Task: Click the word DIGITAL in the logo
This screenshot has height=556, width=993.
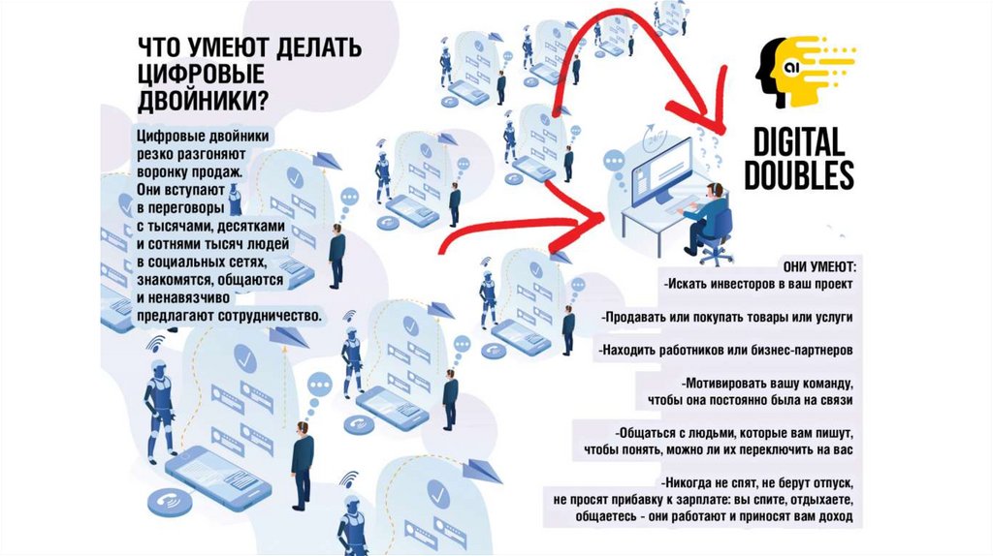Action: (799, 141)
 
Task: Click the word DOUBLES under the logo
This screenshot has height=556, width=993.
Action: (799, 174)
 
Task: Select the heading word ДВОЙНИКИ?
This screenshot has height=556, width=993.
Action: (203, 100)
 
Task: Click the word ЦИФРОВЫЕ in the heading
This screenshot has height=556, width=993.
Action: (200, 74)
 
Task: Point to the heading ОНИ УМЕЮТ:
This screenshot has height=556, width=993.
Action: (819, 267)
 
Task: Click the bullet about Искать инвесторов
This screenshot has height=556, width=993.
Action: (758, 284)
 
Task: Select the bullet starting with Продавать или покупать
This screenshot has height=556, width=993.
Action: (727, 317)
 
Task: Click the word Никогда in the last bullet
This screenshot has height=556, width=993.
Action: (686, 483)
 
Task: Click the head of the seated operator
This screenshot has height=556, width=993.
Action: (716, 189)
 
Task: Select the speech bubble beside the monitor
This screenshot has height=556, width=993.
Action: (614, 162)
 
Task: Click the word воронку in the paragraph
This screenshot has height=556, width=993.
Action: (167, 171)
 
